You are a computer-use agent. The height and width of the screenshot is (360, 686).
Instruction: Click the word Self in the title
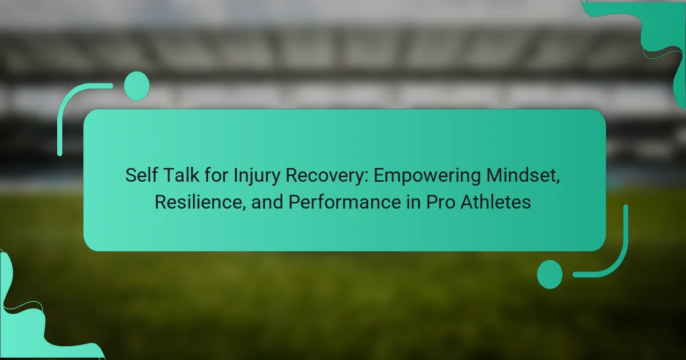pyautogui.click(x=141, y=175)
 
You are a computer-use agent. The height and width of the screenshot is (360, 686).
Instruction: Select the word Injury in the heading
pyautogui.click(x=257, y=177)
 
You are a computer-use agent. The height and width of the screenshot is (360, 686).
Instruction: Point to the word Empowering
pyautogui.click(x=427, y=177)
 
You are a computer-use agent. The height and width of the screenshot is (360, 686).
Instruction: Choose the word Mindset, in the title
pyautogui.click(x=523, y=176)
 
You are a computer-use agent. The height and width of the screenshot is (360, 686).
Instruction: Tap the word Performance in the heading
pyautogui.click(x=345, y=202)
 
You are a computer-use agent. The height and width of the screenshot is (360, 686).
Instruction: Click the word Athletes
pyautogui.click(x=496, y=202)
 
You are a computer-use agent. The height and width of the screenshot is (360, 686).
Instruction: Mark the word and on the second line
pyautogui.click(x=267, y=202)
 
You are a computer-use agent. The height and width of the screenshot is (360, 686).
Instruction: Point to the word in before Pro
pyautogui.click(x=413, y=202)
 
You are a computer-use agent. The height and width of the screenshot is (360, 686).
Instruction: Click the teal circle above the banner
pyautogui.click(x=137, y=86)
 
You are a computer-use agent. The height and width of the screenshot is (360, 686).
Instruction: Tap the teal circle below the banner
pyautogui.click(x=550, y=274)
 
